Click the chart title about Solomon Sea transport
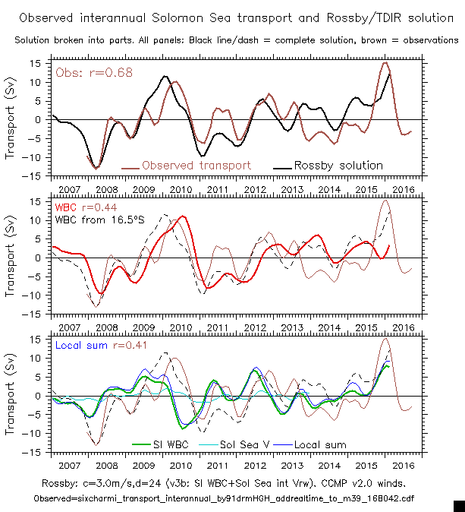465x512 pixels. click(x=232, y=17)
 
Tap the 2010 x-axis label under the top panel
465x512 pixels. click(x=180, y=188)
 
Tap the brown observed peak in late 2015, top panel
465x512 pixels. click(x=385, y=63)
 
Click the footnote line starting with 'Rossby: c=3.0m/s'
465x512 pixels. click(x=232, y=482)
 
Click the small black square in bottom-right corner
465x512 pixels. click(x=458, y=505)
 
